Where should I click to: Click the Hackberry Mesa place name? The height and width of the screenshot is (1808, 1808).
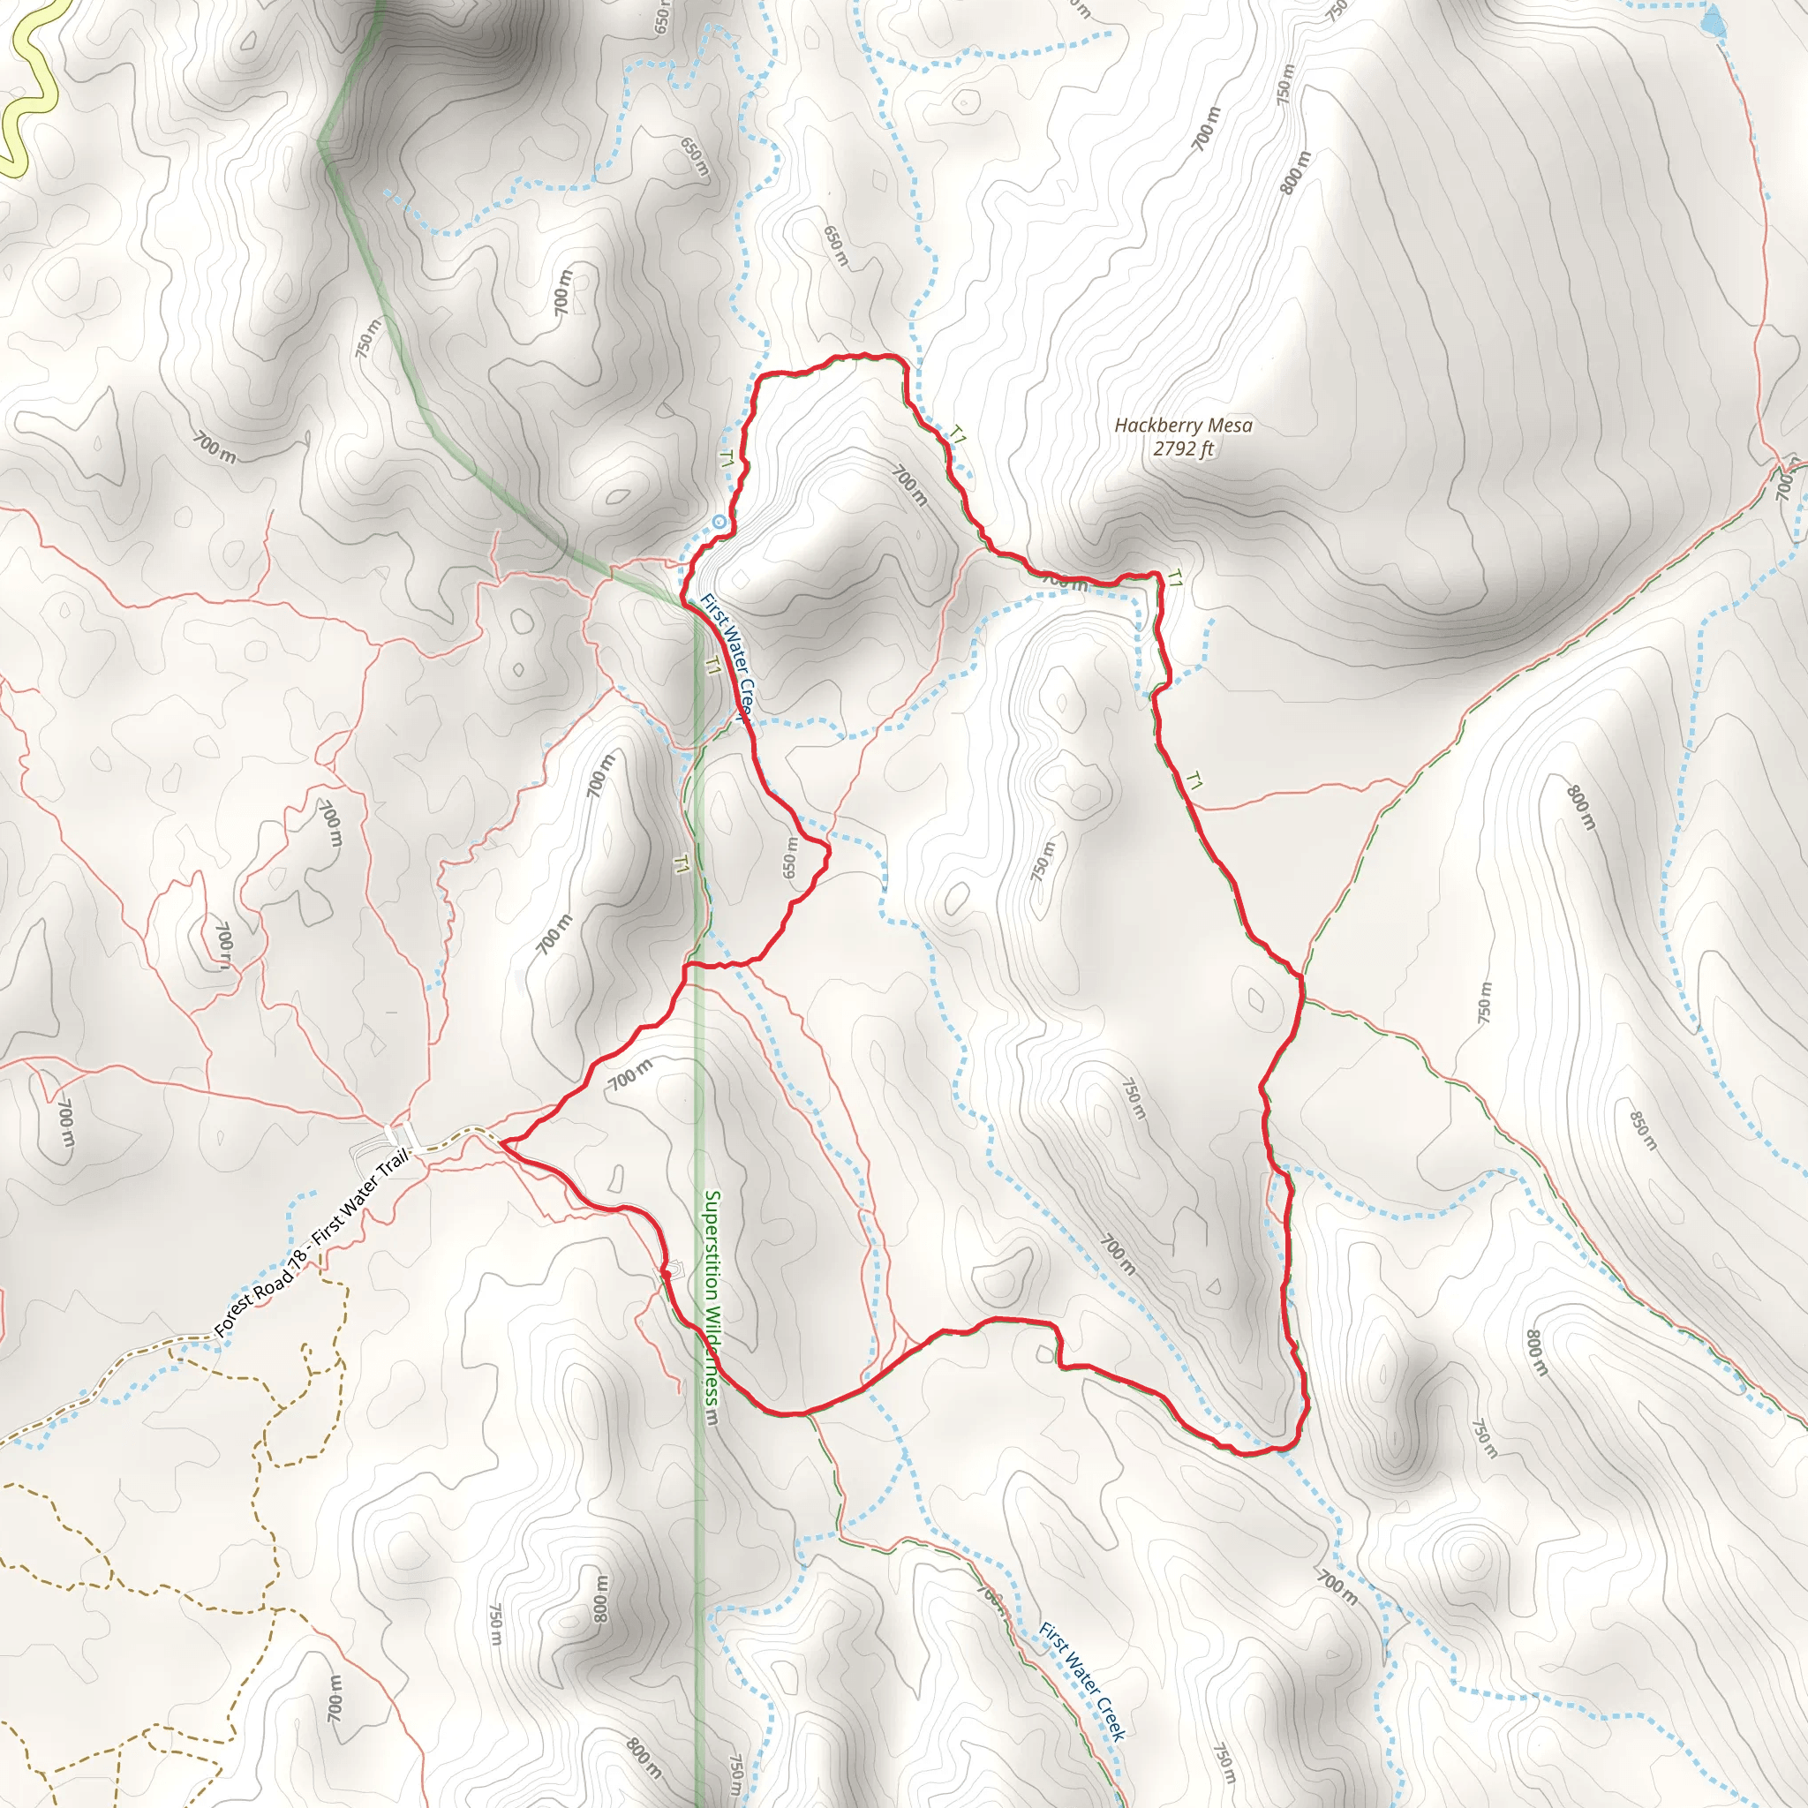click(1183, 426)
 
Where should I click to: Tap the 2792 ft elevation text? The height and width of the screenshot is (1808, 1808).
click(1183, 448)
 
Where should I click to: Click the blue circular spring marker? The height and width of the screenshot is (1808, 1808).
click(719, 521)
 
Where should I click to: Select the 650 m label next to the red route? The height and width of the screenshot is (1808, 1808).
click(791, 857)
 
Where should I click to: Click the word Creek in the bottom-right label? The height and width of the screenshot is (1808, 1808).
click(1108, 1714)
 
